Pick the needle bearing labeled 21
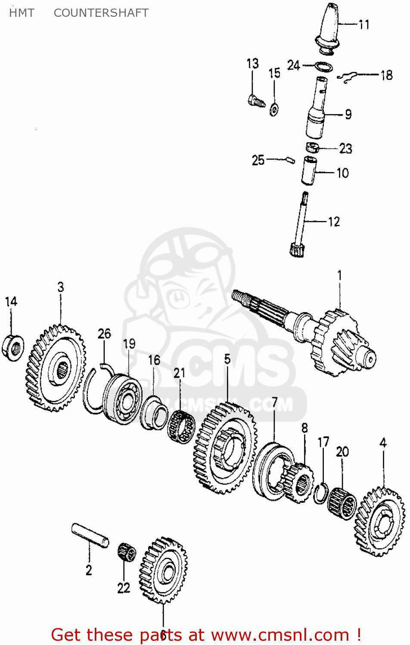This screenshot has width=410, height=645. pyautogui.click(x=181, y=427)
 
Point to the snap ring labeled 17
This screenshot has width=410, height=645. pyautogui.click(x=320, y=493)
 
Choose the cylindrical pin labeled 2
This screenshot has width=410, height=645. pyautogui.click(x=90, y=535)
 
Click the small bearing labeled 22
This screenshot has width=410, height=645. pyautogui.click(x=127, y=552)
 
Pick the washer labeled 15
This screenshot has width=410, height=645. pyautogui.click(x=274, y=110)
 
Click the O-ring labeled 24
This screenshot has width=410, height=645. pyautogui.click(x=323, y=67)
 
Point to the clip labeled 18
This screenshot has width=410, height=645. pyautogui.click(x=348, y=77)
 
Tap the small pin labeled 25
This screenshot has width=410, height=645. pyautogui.click(x=290, y=160)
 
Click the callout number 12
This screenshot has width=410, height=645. pyautogui.click(x=334, y=222)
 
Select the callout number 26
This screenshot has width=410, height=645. pyautogui.click(x=104, y=334)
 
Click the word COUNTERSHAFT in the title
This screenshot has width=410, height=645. pyautogui.click(x=101, y=13)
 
